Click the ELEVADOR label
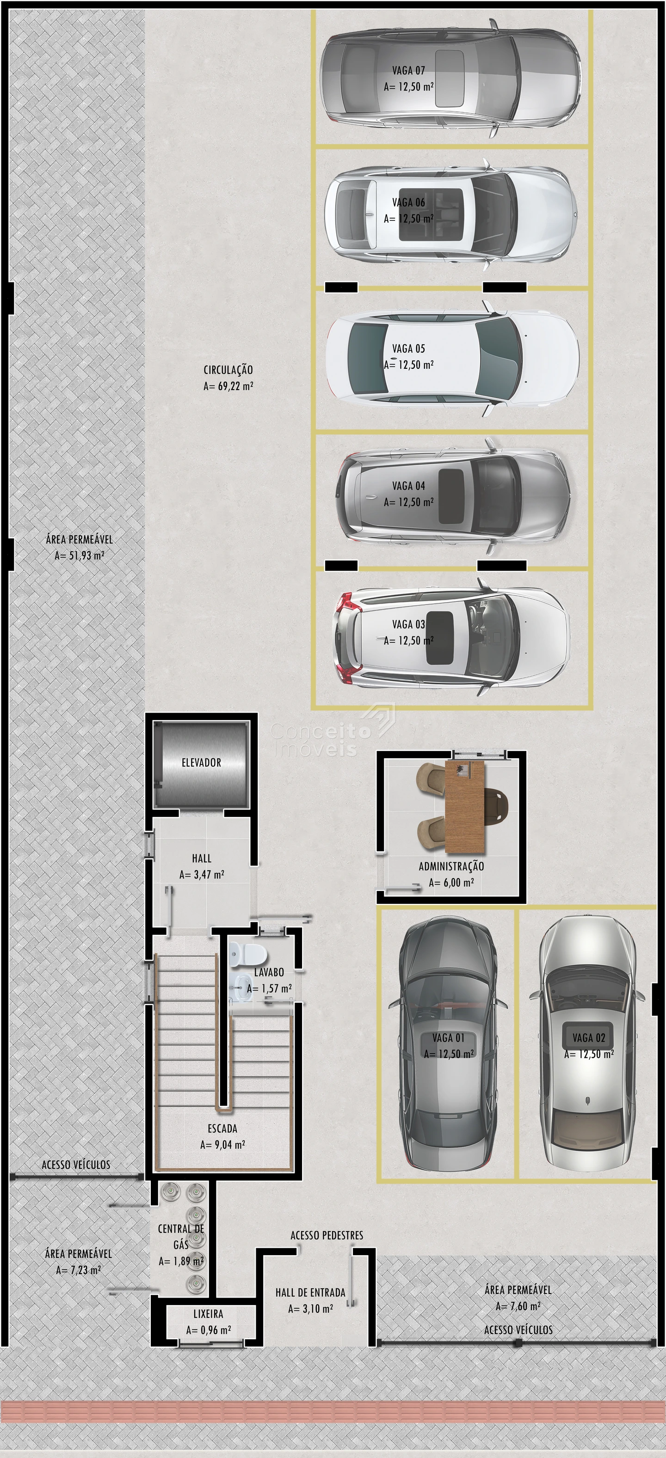click(x=201, y=763)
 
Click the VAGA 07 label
click(x=408, y=71)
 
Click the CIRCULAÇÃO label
click(x=228, y=370)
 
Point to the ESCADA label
click(x=222, y=1128)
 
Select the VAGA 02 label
click(x=589, y=1037)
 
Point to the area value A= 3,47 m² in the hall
click(x=202, y=874)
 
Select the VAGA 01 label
click(x=449, y=1037)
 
